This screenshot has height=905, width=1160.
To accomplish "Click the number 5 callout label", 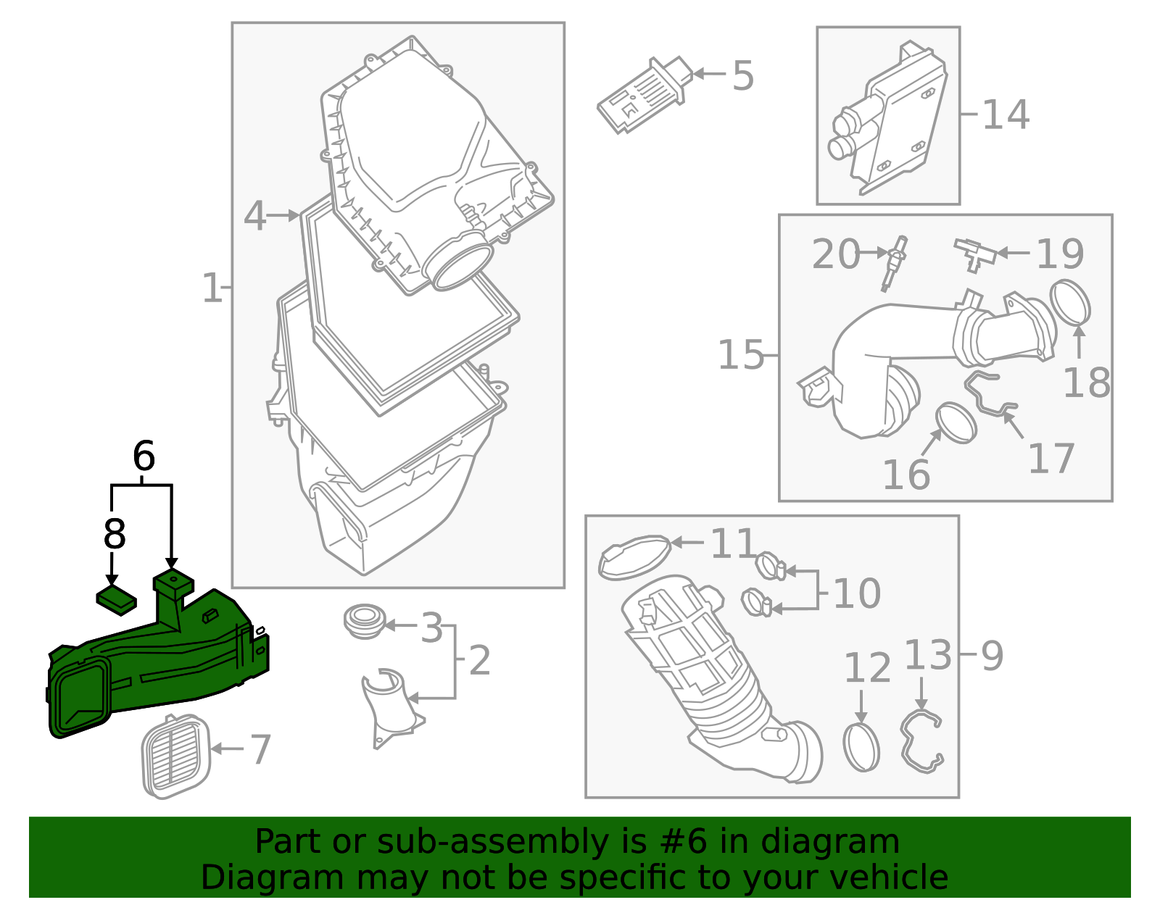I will (743, 75).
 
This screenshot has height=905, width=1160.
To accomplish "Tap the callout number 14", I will (1006, 114).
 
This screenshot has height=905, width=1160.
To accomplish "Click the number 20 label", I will (835, 254).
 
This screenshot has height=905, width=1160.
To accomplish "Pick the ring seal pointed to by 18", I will (1070, 302).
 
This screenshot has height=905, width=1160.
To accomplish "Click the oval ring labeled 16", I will (956, 423).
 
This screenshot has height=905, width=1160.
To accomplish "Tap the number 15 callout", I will (740, 355).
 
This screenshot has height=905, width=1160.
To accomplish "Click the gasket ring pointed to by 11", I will (634, 557).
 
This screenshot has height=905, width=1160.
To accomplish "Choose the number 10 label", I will (857, 593).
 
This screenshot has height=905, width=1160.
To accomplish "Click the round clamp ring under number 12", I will (861, 747).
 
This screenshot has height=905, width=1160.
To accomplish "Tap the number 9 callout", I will (992, 656).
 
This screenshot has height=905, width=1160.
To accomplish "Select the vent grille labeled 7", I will (175, 756).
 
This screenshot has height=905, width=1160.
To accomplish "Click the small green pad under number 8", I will (117, 600).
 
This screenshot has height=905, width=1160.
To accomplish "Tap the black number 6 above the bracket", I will (144, 456).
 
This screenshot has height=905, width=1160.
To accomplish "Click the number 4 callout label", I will (254, 216).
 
